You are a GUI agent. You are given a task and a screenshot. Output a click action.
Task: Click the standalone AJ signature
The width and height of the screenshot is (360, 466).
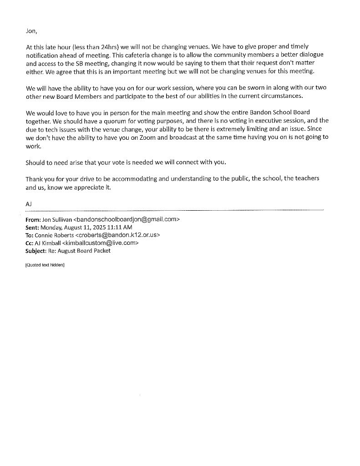click(x=29, y=204)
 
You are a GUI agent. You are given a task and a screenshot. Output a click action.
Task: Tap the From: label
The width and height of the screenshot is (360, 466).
click(x=33, y=219)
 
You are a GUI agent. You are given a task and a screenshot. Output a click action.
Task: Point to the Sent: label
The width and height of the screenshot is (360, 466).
click(x=32, y=227)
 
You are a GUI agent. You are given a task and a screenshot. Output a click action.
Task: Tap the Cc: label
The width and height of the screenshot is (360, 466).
click(x=30, y=243)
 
